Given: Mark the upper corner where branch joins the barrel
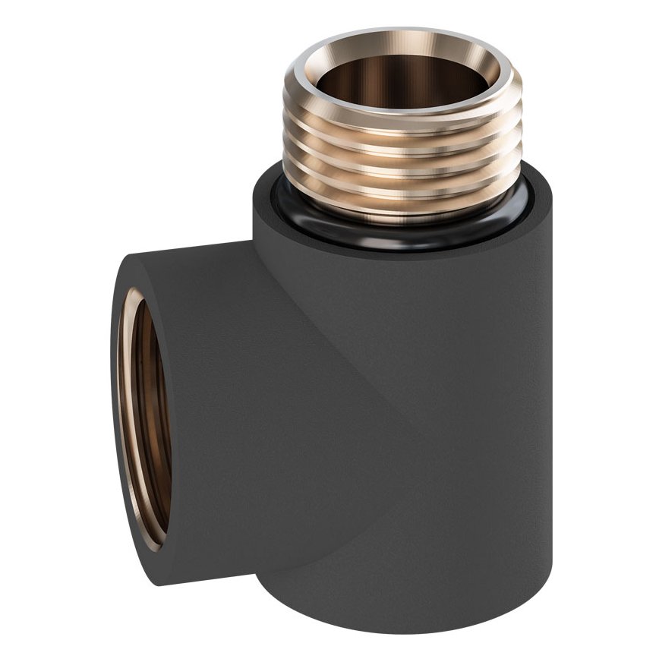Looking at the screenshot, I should [x=254, y=241].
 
